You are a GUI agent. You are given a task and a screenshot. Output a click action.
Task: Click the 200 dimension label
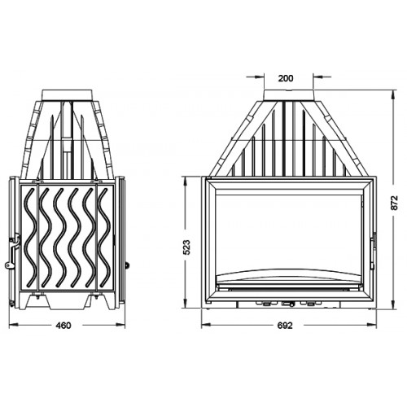coord(286,78)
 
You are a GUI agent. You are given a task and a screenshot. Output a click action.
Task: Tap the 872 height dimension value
coord(395,203)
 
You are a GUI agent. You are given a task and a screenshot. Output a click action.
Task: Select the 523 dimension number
coord(187,247)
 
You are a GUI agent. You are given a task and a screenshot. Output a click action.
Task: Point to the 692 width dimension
coord(285,326)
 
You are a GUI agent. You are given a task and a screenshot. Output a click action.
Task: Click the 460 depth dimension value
coord(63,326)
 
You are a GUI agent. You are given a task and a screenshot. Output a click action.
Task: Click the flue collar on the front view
coord(289,95)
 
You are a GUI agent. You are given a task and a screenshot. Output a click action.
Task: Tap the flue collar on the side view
coord(68,95)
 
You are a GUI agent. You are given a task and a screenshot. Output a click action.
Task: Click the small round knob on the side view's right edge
coord(126,265)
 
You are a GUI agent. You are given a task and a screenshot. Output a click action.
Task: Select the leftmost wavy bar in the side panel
coord(30,238)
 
